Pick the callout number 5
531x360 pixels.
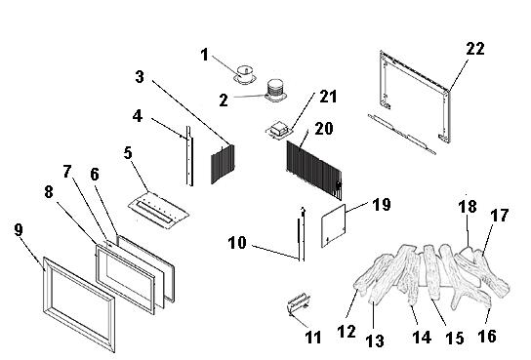tap(127, 154)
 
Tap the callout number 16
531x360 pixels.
tap(487, 337)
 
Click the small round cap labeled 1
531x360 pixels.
tap(245, 69)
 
